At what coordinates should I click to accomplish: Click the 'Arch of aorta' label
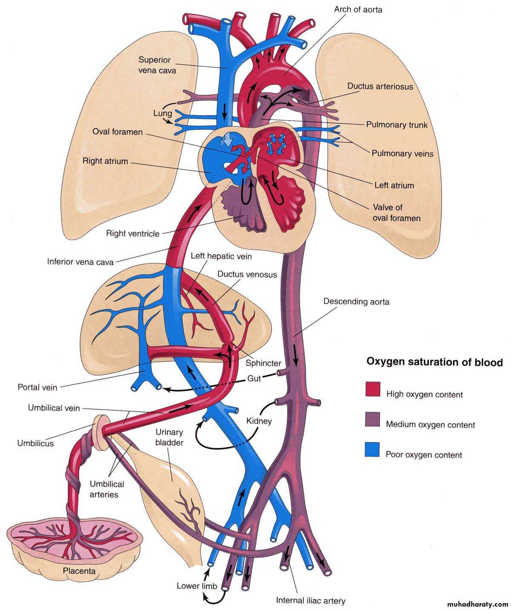[358, 9]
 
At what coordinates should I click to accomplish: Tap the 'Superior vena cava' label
[157, 65]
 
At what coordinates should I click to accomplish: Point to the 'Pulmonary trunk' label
[397, 125]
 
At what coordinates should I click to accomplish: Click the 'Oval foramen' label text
[118, 132]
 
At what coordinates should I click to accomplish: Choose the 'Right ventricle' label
[133, 233]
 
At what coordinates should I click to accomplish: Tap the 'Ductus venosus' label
[247, 274]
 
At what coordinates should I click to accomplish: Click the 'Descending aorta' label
[356, 302]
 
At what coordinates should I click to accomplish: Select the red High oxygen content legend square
[373, 389]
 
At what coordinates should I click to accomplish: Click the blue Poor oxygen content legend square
[373, 450]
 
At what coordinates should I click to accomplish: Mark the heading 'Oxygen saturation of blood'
[435, 362]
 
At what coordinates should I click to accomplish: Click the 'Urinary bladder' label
[169, 437]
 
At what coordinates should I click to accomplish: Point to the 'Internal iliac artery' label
[310, 601]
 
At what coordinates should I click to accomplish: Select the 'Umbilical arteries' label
[107, 489]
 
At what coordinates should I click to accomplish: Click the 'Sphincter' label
[263, 363]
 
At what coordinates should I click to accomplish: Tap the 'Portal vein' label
[37, 387]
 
